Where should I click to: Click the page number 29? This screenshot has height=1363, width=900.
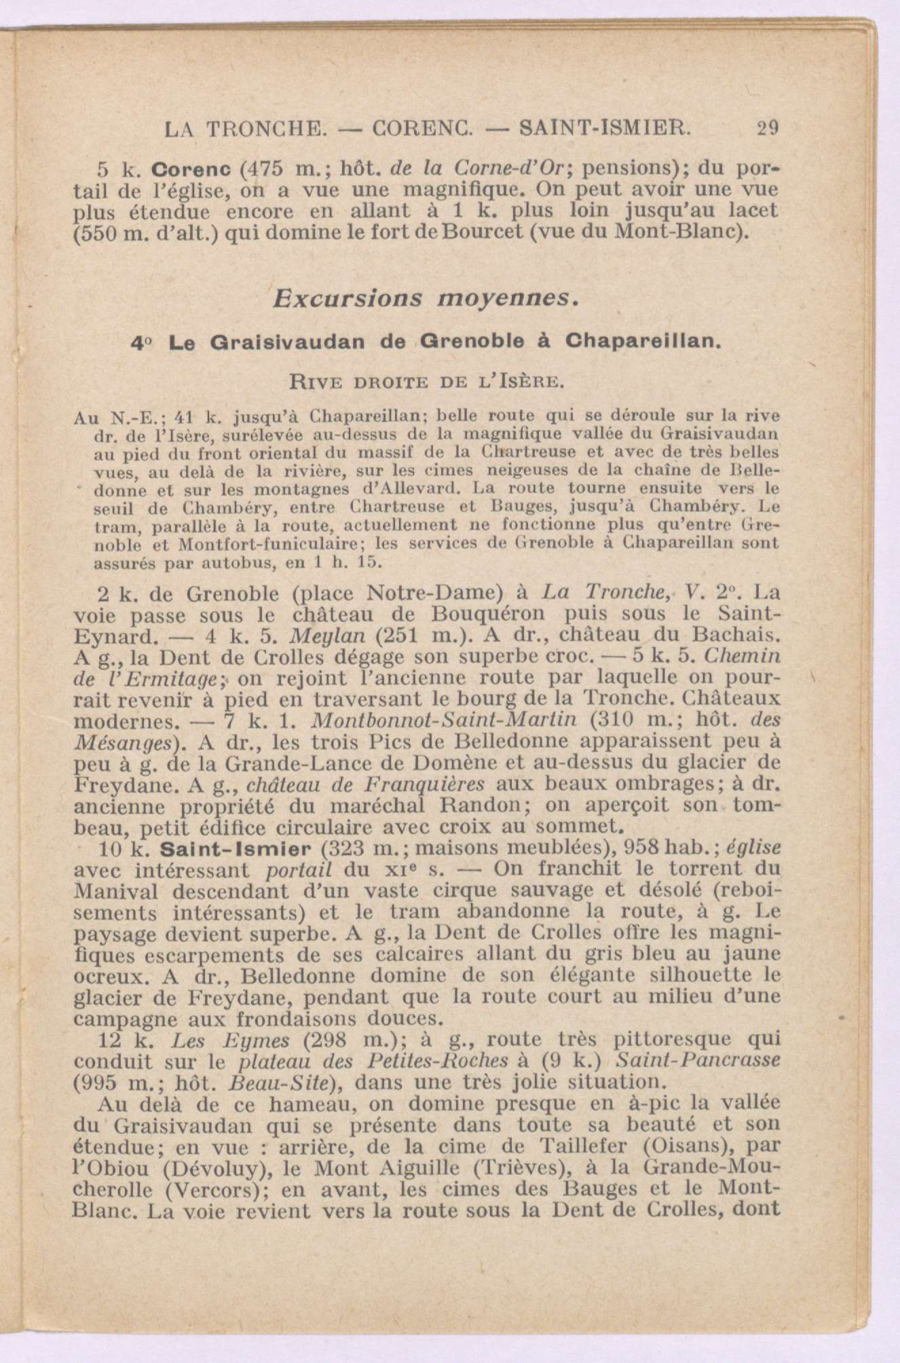click(x=767, y=128)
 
